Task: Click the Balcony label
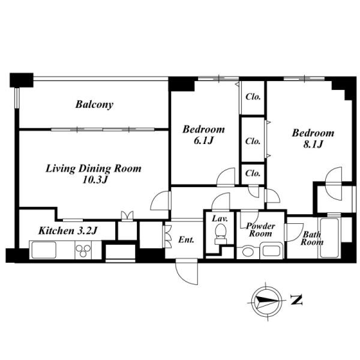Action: click(x=94, y=104)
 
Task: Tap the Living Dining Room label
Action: click(x=94, y=169)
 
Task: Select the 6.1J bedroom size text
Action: click(x=203, y=140)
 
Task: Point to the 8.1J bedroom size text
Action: click(x=313, y=144)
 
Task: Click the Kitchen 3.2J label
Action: click(x=68, y=231)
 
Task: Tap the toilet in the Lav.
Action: click(x=221, y=234)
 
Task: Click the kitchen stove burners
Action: click(x=83, y=250)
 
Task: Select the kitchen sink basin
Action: click(x=44, y=250)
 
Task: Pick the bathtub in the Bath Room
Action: click(x=329, y=238)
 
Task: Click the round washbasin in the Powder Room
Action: click(x=248, y=252)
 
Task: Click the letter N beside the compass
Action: click(x=296, y=299)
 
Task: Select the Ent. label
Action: click(x=186, y=240)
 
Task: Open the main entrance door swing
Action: click(x=187, y=272)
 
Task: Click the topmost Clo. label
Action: click(x=253, y=97)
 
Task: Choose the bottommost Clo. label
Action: click(x=253, y=173)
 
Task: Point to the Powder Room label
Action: click(x=260, y=230)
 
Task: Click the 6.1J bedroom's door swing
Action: click(x=226, y=176)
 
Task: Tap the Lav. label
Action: click(x=220, y=218)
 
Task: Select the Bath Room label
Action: click(x=312, y=238)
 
